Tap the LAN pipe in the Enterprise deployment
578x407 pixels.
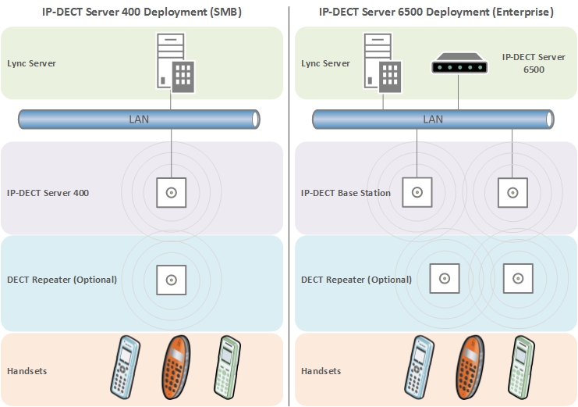tap(433, 119)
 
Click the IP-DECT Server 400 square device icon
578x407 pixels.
tap(171, 192)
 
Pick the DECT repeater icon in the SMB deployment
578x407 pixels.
tap(171, 279)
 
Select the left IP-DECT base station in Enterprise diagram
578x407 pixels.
tap(417, 192)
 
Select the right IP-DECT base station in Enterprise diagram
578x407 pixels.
tap(512, 192)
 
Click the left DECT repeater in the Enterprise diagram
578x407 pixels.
tap(444, 277)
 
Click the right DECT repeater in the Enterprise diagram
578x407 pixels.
tap(516, 277)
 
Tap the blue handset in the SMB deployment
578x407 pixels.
tap(125, 367)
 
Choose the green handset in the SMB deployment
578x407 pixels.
tap(227, 366)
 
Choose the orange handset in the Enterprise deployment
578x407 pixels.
tap(470, 367)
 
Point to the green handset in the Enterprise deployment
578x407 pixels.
tap(521, 366)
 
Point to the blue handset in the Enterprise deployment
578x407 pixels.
tap(419, 367)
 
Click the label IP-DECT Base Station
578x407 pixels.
tap(346, 193)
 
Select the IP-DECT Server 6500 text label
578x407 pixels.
tap(534, 63)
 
